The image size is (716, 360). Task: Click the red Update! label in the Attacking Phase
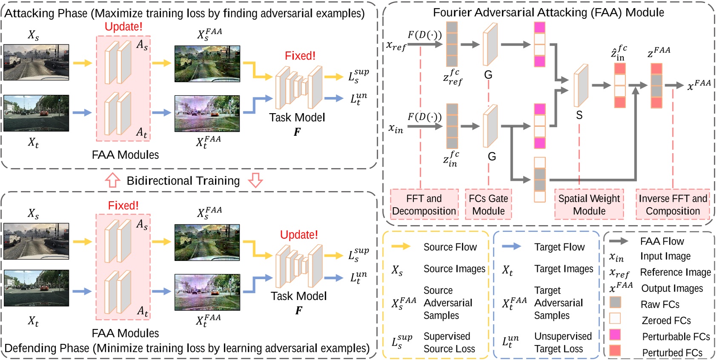pyautogui.click(x=123, y=26)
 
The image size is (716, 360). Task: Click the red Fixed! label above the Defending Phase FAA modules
pyautogui.click(x=123, y=206)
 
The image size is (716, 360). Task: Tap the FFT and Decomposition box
pyautogui.click(x=424, y=205)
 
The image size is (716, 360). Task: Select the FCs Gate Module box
pyautogui.click(x=488, y=205)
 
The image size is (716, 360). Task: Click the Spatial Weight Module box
pyautogui.click(x=589, y=205)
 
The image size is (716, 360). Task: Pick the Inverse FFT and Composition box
pyautogui.click(x=673, y=205)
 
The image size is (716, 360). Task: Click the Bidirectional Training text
pyautogui.click(x=183, y=181)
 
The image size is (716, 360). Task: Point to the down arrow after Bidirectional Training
pyautogui.click(x=255, y=180)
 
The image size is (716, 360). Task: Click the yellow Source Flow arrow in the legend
pyautogui.click(x=401, y=246)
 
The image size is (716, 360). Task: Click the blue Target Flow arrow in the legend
pyautogui.click(x=511, y=246)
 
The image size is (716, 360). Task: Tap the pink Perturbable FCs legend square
pyautogui.click(x=615, y=334)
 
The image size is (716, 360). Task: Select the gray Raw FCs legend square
pyautogui.click(x=615, y=303)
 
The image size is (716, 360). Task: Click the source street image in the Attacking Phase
pyautogui.click(x=36, y=63)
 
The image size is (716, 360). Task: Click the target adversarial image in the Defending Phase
pyautogui.click(x=207, y=292)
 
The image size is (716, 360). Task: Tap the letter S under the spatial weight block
pyautogui.click(x=579, y=115)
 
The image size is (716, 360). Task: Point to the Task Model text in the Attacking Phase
pyautogui.click(x=297, y=117)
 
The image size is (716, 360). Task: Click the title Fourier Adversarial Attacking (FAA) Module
pyautogui.click(x=548, y=12)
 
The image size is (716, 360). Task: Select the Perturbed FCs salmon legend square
pyautogui.click(x=615, y=351)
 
